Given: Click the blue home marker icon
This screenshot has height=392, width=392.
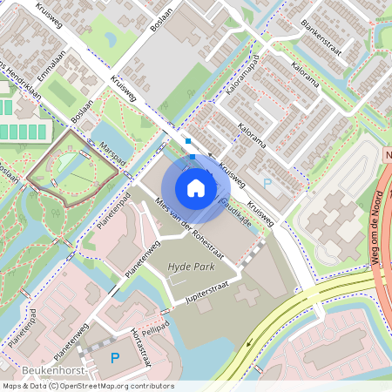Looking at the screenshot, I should (x=195, y=187).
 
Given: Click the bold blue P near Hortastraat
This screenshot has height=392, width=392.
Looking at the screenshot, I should (x=114, y=357).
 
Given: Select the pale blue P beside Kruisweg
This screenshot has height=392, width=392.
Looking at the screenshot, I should (x=267, y=183).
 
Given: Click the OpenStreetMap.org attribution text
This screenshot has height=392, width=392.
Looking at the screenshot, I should (x=97, y=386).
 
